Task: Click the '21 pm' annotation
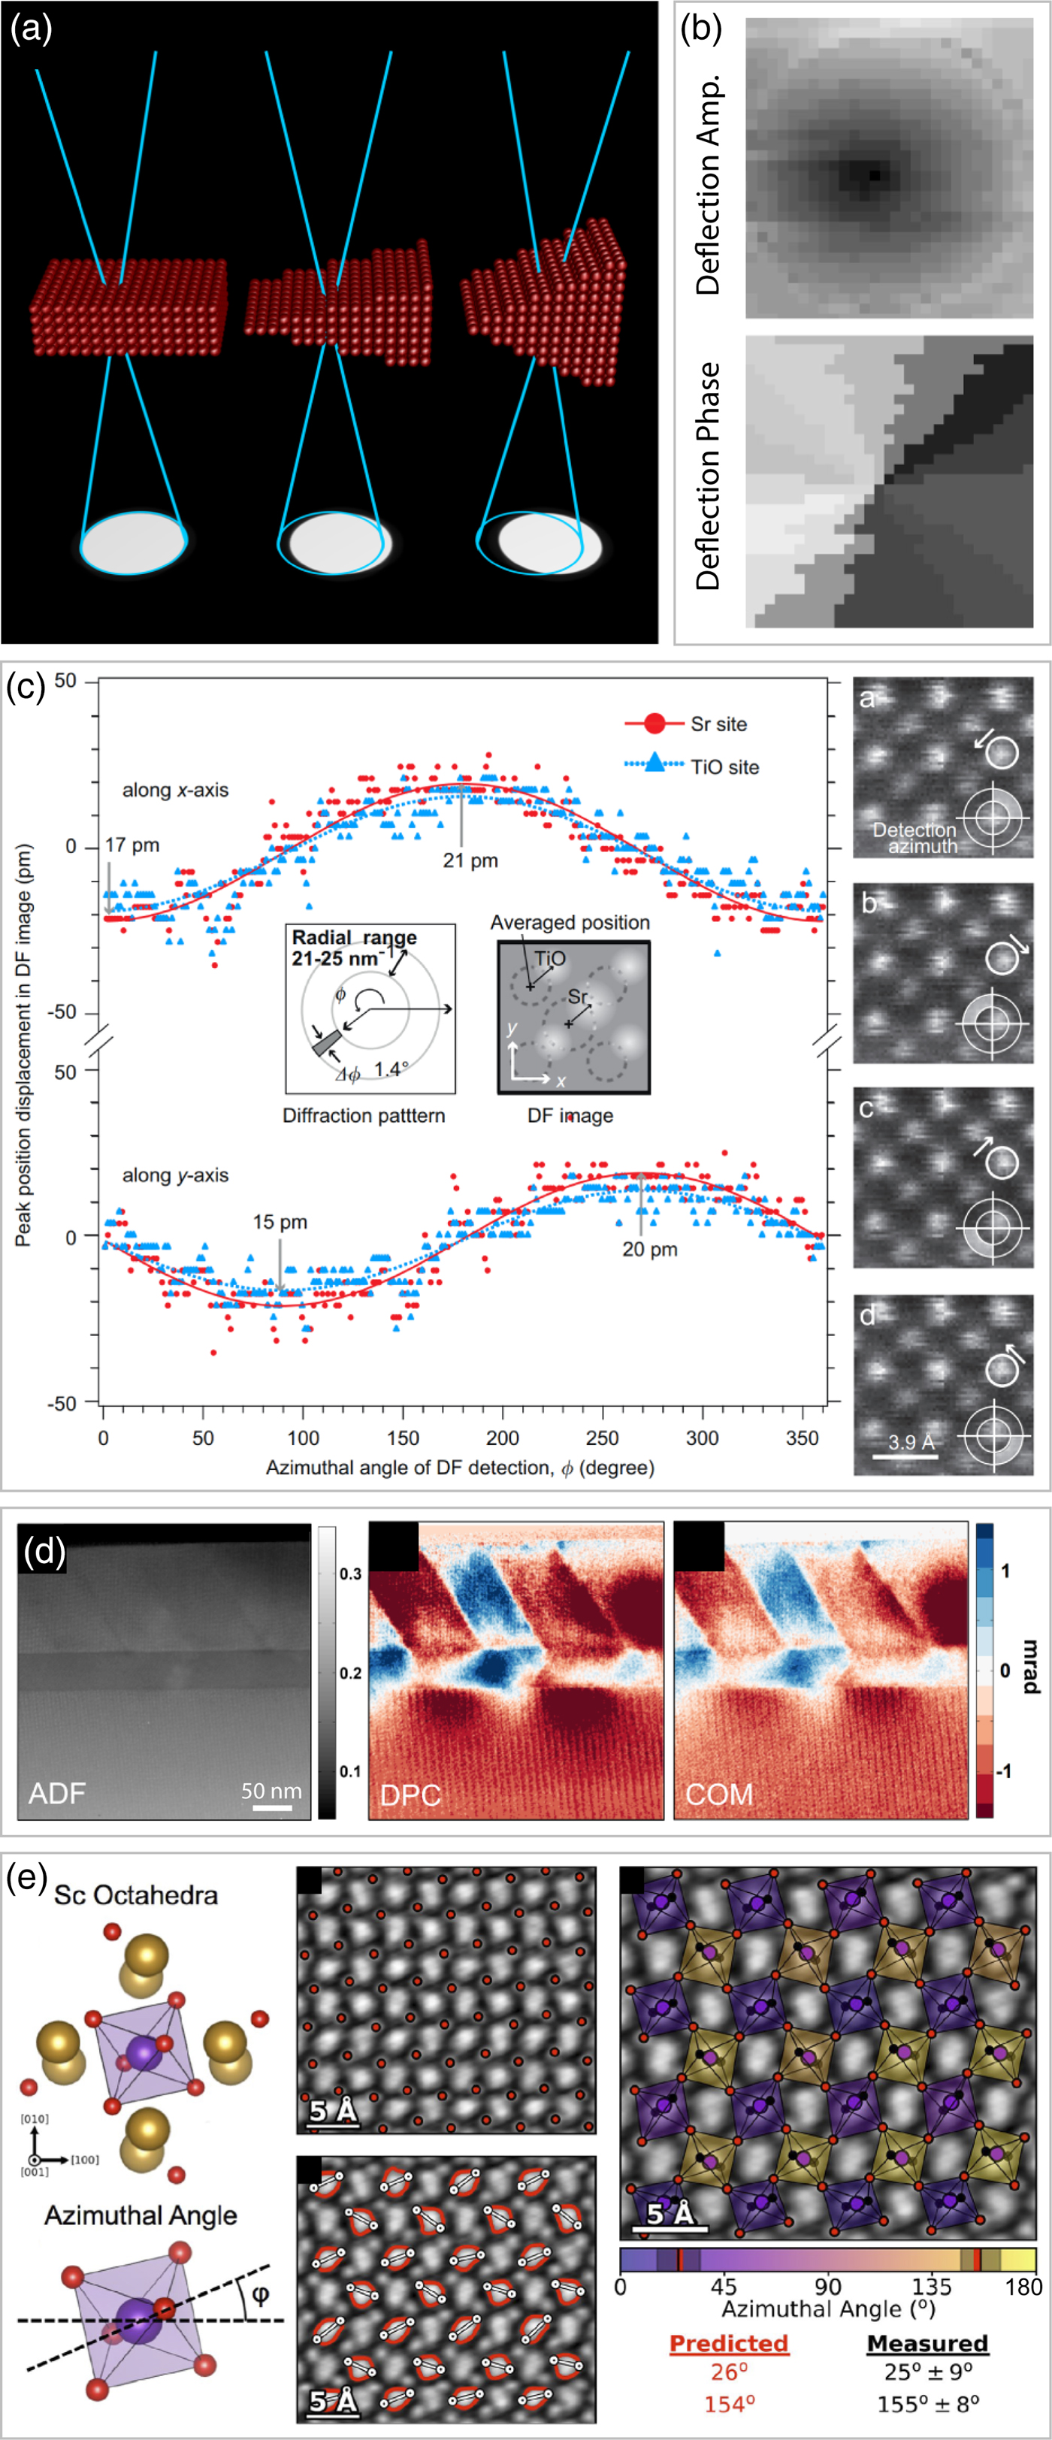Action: click(470, 861)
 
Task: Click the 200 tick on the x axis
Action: click(503, 1438)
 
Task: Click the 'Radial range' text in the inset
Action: click(354, 938)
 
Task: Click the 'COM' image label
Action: click(720, 1794)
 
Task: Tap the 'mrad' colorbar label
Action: click(1030, 1670)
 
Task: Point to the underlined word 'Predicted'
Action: click(729, 2342)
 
